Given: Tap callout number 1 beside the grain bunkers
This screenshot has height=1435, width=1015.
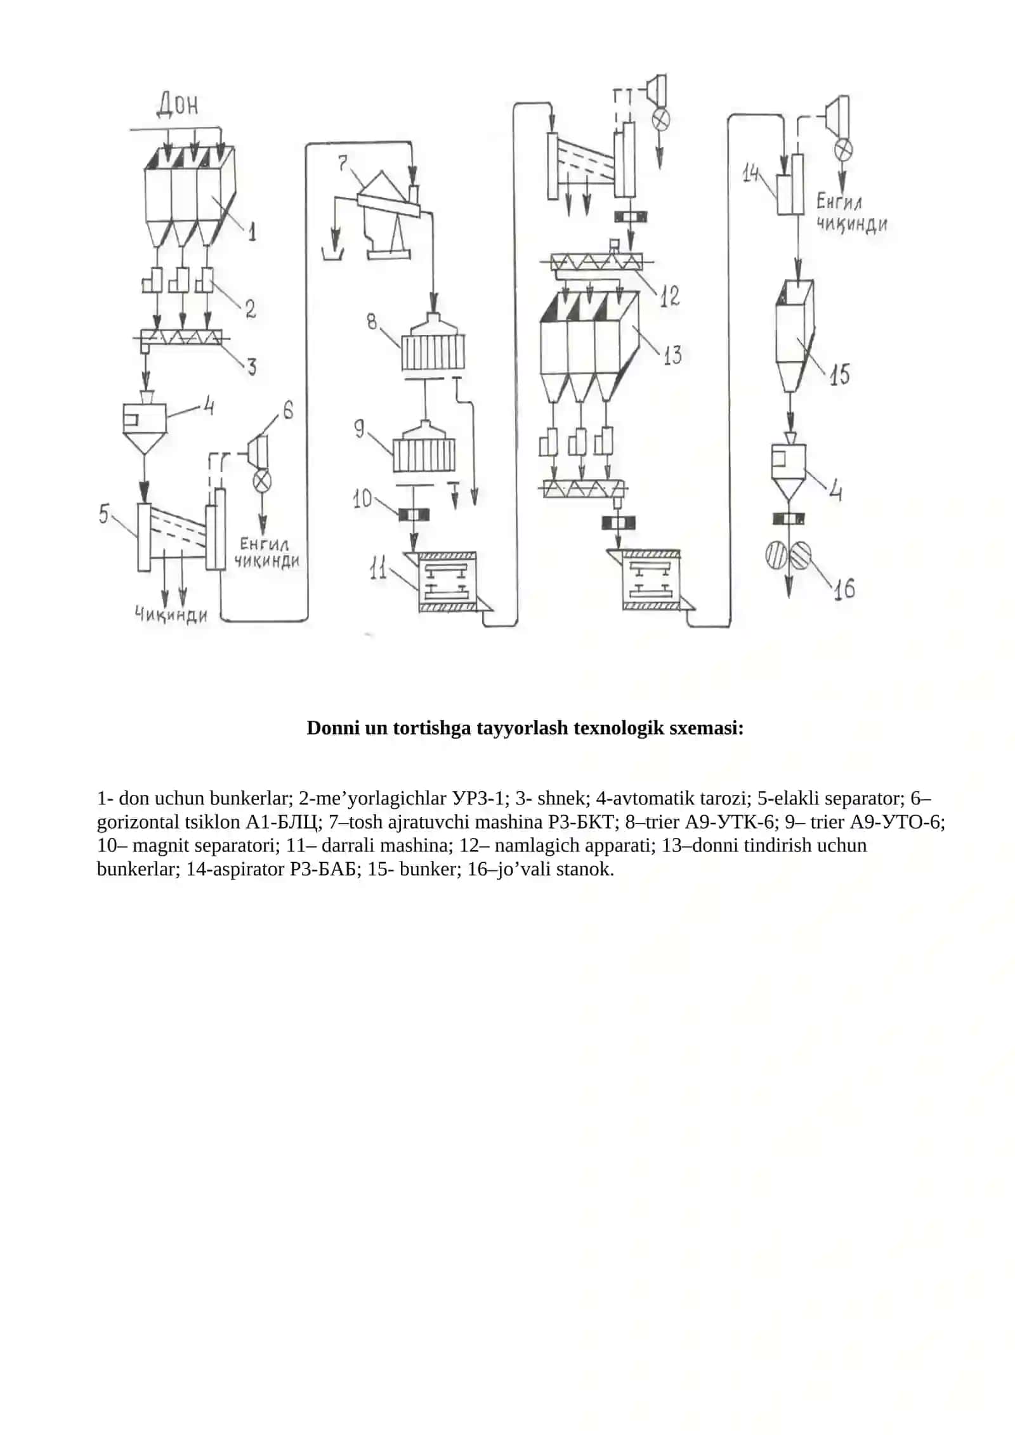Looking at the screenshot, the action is (x=252, y=232).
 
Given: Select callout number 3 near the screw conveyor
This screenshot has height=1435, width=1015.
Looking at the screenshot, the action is (x=251, y=366).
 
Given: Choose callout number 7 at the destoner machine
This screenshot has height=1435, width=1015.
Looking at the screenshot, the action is (x=343, y=164).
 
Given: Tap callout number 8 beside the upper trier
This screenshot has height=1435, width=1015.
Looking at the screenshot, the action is (x=372, y=321).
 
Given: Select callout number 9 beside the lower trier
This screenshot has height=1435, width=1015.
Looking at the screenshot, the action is (x=360, y=429).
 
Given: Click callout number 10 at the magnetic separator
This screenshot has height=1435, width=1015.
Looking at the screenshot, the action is (x=363, y=499).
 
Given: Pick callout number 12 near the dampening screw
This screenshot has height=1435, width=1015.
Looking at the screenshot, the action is (x=669, y=296).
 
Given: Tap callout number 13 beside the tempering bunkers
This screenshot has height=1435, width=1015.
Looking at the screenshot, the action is (x=672, y=355).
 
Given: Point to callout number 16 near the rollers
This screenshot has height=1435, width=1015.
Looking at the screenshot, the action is (x=844, y=589).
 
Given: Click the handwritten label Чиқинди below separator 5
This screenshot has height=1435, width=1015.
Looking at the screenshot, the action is (x=171, y=614).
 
